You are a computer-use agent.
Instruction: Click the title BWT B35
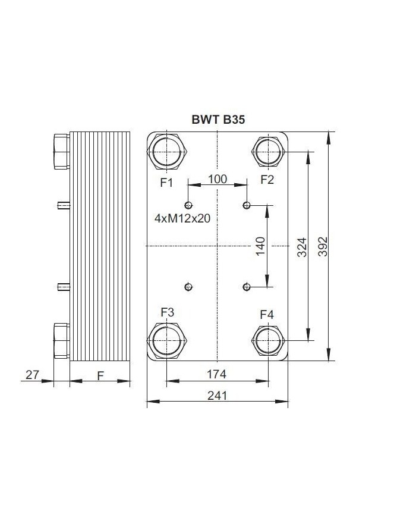coord(218,119)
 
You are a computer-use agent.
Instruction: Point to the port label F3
coord(167,312)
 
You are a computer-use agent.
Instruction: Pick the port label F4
coord(267,314)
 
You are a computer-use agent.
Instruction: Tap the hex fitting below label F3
coord(167,341)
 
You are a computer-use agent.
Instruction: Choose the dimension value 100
coord(218,179)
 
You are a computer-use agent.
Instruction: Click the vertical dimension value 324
coord(301,246)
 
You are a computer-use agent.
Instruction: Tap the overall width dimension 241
coord(218,395)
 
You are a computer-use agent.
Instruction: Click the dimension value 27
coord(31,374)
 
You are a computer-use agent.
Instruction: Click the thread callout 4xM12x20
coord(182,218)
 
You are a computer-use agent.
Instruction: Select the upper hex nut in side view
coord(62,151)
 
